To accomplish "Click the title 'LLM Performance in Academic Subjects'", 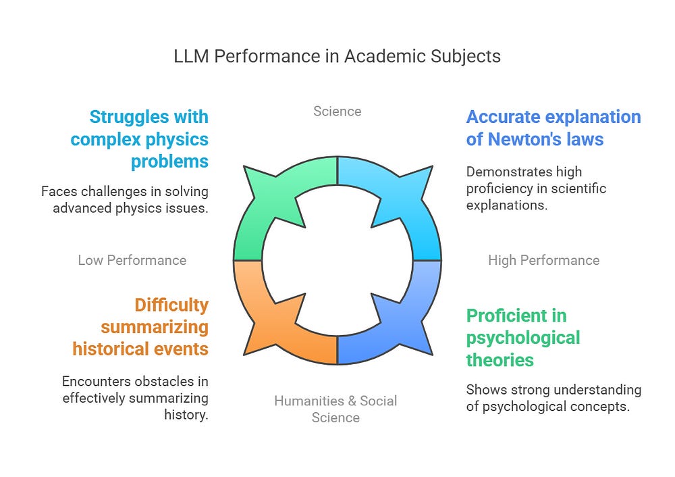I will coord(337,56).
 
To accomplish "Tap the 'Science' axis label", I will coord(337,111).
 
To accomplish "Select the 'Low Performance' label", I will coord(132,260).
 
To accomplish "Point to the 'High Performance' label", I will coord(543,260).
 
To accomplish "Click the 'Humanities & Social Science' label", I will coord(335,409).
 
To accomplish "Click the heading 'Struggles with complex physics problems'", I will coord(140,139).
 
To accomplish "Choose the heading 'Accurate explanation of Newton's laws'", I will coord(553,128).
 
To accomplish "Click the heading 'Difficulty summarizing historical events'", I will coord(140,327).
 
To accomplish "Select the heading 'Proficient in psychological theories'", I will coord(523,338).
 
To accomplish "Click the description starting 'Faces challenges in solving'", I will coord(125,199).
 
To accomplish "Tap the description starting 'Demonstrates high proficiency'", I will coord(537,189).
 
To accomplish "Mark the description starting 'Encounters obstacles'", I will coord(135,398).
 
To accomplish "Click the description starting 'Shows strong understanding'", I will coord(553,397).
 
